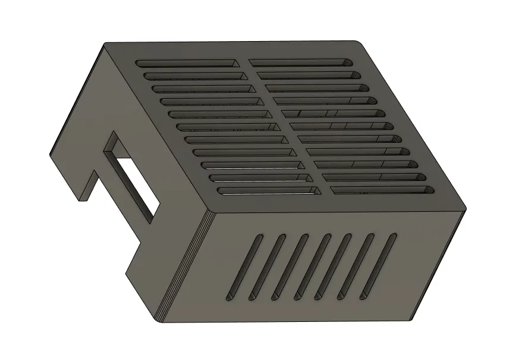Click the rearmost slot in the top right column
pos(300,62)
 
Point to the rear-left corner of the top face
pos(106,44)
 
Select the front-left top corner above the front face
pos(208,212)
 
